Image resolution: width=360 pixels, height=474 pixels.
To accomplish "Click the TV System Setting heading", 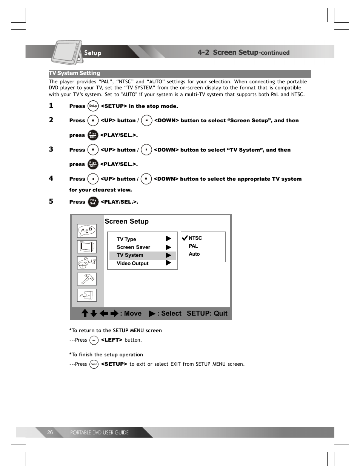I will [75, 74].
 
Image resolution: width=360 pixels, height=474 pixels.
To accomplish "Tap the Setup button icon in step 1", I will [93, 106].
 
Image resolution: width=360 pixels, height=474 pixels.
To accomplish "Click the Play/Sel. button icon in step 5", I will [93, 202].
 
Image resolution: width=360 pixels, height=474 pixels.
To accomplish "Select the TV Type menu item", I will [126, 239].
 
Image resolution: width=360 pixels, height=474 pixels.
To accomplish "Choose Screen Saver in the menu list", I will [133, 247].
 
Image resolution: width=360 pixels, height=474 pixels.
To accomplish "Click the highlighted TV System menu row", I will [142, 255].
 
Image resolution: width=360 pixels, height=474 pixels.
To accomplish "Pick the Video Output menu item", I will [132, 264].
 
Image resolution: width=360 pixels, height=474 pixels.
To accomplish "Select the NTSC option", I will [195, 238].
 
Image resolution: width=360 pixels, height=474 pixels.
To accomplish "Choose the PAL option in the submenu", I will [193, 246].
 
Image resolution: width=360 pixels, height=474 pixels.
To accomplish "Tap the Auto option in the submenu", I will [194, 254].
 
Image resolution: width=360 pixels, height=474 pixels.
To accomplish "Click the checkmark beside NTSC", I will [185, 238].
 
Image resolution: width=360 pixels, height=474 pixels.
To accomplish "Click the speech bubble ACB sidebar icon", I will [87, 231].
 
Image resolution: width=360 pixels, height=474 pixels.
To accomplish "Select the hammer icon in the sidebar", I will [87, 279].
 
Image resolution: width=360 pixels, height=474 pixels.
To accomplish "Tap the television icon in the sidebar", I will [87, 247].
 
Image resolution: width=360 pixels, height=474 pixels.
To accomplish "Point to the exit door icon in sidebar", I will [87, 295].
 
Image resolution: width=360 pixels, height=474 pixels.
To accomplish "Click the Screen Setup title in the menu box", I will [126, 222].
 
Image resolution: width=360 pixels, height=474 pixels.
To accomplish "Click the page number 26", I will [50, 433].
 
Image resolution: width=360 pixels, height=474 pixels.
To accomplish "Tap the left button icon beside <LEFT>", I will [94, 340].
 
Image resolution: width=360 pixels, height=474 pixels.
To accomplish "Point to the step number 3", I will [51, 149].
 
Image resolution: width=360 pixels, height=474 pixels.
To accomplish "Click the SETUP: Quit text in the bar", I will [207, 313].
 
